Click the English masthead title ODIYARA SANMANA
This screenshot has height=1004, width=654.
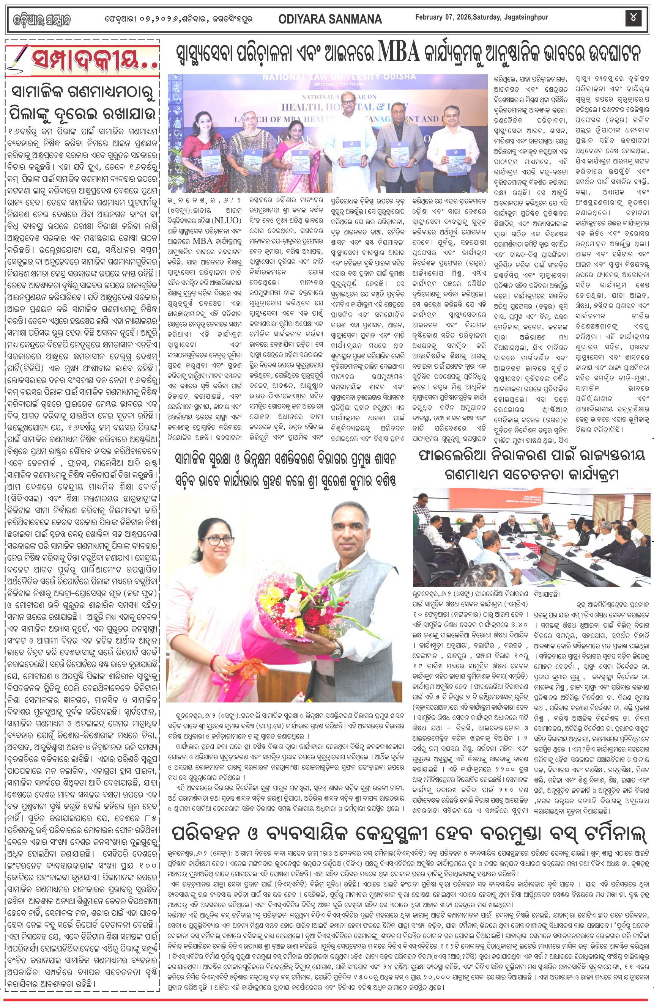click(330, 19)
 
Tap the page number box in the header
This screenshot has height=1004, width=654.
click(634, 18)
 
